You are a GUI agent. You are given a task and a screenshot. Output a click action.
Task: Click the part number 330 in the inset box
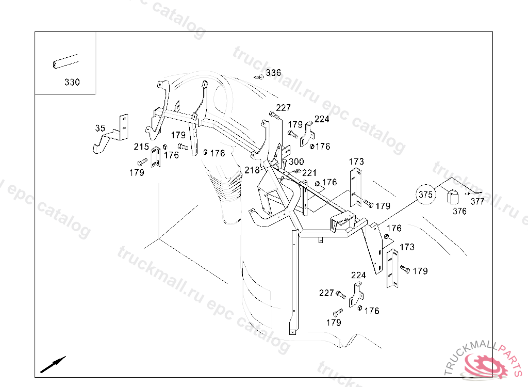pyautogui.click(x=72, y=82)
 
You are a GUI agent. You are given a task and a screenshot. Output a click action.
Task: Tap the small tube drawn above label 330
pyautogui.click(x=65, y=62)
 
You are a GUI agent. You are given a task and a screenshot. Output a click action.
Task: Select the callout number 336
pyautogui.click(x=273, y=73)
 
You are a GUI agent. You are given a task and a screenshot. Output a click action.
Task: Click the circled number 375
pyautogui.click(x=426, y=195)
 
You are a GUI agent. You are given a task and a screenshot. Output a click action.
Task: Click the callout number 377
pyautogui.click(x=477, y=202)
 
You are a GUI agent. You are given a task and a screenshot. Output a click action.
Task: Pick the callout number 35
pyautogui.click(x=100, y=128)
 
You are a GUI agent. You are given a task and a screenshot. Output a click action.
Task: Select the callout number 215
pyautogui.click(x=141, y=147)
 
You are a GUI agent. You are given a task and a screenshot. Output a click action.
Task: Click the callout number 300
pyautogui.click(x=296, y=162)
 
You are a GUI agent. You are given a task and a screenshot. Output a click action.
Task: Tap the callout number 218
pyautogui.click(x=252, y=170)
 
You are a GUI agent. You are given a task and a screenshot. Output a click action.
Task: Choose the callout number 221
pyautogui.click(x=309, y=173)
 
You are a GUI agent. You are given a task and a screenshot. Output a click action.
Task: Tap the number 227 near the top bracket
pyautogui.click(x=283, y=108)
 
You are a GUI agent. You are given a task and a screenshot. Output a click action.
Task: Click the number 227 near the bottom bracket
pyautogui.click(x=326, y=293)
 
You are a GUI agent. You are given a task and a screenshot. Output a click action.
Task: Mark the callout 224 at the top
pyautogui.click(x=322, y=119)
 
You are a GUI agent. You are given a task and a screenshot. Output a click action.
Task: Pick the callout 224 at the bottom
pyautogui.click(x=358, y=275)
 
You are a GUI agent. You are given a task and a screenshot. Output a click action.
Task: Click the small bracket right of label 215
pyautogui.click(x=156, y=157)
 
